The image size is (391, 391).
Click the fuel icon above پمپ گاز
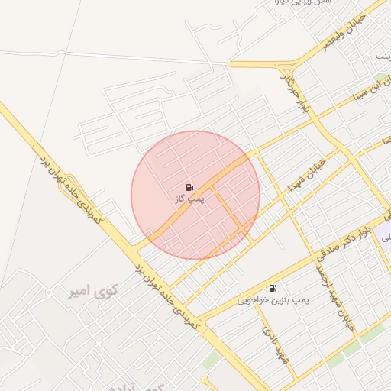pyautogui.click(x=189, y=187)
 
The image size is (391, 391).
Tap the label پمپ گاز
pyautogui.click(x=189, y=199)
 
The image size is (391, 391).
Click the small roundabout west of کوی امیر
pyautogui.click(x=49, y=293)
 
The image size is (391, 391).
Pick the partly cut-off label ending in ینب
pyautogui.click(x=383, y=57)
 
